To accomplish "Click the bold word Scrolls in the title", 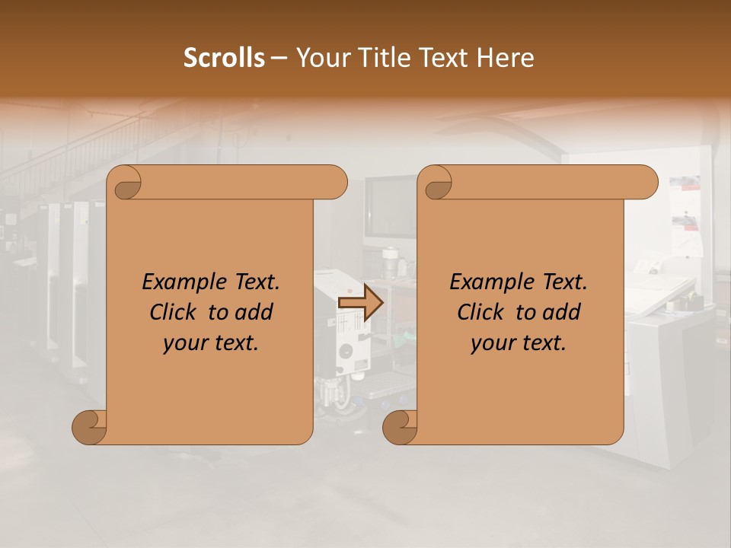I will (x=225, y=58).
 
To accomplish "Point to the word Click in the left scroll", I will (x=176, y=312).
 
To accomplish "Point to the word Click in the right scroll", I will (x=484, y=312).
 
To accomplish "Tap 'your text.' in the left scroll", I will (x=211, y=343).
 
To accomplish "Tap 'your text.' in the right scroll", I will (x=519, y=343).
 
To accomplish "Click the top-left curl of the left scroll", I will (x=124, y=183).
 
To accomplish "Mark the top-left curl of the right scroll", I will (x=436, y=183).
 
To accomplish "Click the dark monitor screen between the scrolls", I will (x=388, y=206).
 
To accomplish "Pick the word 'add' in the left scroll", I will (x=255, y=312).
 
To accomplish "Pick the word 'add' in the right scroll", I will (x=563, y=312).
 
